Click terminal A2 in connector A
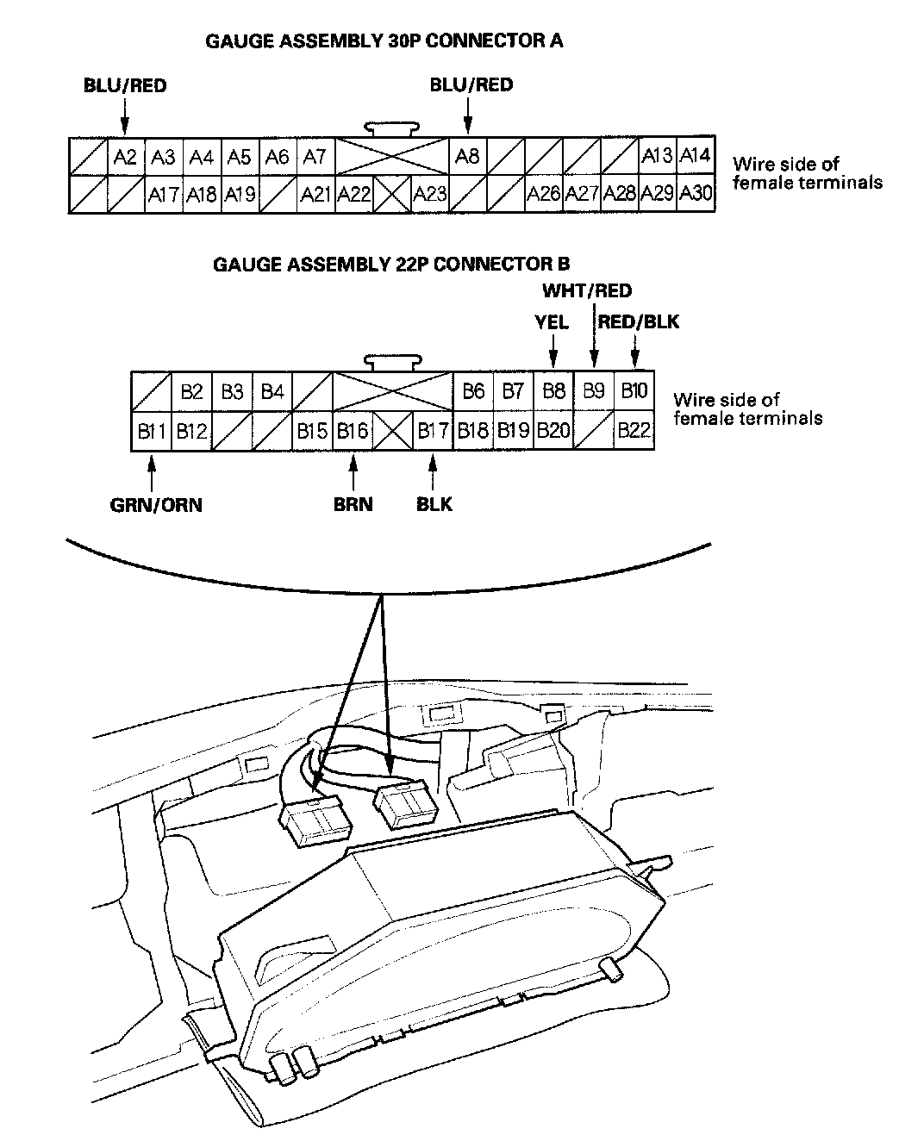pyautogui.click(x=126, y=157)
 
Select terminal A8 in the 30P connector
pyautogui.click(x=467, y=157)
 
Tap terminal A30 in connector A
pyautogui.click(x=696, y=193)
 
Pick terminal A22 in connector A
pyautogui.click(x=353, y=194)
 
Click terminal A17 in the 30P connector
pyautogui.click(x=163, y=194)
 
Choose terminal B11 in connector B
pyautogui.click(x=152, y=430)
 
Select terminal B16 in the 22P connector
pyautogui.click(x=353, y=430)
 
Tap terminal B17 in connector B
pyautogui.click(x=433, y=430)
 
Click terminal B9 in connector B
pyautogui.click(x=593, y=391)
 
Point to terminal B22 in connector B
pyautogui.click(x=634, y=430)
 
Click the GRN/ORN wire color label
pyautogui.click(x=156, y=505)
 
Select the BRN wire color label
pyautogui.click(x=353, y=505)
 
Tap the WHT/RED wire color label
pyautogui.click(x=587, y=291)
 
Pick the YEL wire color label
pyautogui.click(x=552, y=322)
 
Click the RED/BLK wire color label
pyautogui.click(x=639, y=322)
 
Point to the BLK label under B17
pyautogui.click(x=434, y=505)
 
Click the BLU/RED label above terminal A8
pyautogui.click(x=471, y=84)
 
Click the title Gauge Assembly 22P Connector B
pyautogui.click(x=391, y=265)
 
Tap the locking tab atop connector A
pyautogui.click(x=392, y=128)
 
